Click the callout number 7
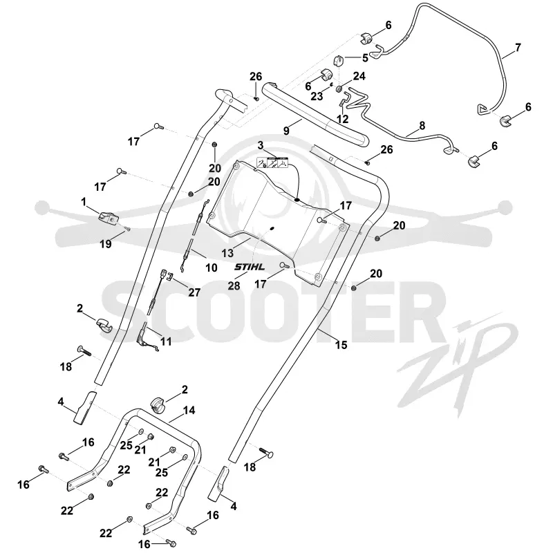click(518, 47)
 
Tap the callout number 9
click(286, 131)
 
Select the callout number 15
click(341, 344)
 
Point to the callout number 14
click(189, 411)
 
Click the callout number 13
click(228, 253)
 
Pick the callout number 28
click(234, 285)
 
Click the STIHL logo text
click(250, 267)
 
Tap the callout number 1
click(84, 202)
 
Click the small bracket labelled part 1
click(108, 218)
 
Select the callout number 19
click(106, 244)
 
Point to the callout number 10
click(212, 268)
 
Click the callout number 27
click(194, 292)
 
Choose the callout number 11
click(166, 341)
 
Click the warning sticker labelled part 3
click(272, 162)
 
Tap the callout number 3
click(261, 145)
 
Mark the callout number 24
click(359, 76)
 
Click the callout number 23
click(317, 96)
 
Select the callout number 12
click(342, 119)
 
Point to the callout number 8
click(422, 126)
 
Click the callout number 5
click(365, 57)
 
